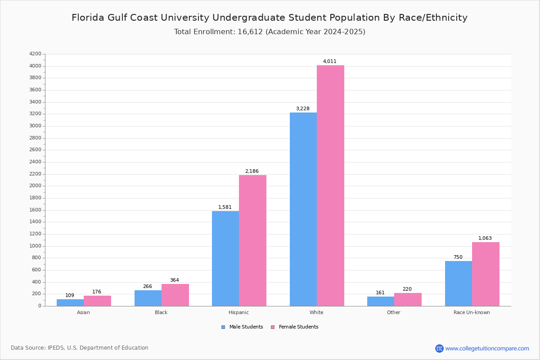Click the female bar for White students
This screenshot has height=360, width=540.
pos(330,185)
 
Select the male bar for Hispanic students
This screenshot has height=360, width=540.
pos(225,258)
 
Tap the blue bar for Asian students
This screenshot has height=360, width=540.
pos(70,302)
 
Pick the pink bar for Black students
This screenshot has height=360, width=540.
pos(175,295)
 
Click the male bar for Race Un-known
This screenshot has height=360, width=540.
pos(458,283)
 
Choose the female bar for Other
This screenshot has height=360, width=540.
pos(408,299)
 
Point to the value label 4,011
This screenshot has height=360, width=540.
pos(329,62)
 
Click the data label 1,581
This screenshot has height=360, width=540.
pos(225,207)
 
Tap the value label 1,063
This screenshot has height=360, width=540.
pos(485,238)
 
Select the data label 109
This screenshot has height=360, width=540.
pos(70,296)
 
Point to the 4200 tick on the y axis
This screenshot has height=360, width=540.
pos(35,54)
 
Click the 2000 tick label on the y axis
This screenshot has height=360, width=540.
pos(35,186)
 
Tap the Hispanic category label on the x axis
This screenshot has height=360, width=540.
pos(238,312)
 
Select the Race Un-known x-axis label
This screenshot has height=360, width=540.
pos(472,312)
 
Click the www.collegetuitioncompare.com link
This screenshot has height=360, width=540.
pos(487,348)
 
